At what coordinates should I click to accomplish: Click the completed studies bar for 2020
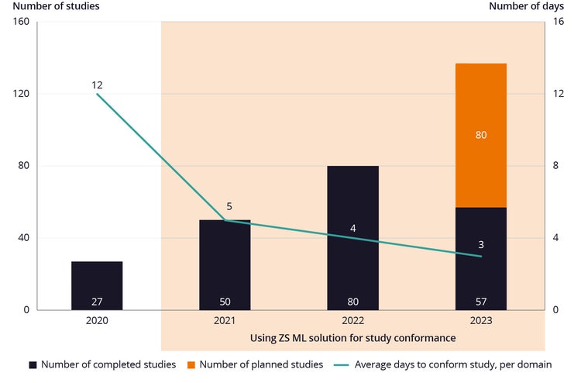[x=97, y=283]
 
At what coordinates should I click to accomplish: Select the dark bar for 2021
[x=225, y=264]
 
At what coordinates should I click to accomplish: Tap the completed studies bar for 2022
[x=352, y=233]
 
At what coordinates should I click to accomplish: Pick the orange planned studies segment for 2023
[x=480, y=109]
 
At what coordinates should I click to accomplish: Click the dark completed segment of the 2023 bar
[x=480, y=271]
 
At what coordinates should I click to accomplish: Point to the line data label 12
[x=97, y=85]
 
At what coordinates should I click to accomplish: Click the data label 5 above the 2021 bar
[x=229, y=207]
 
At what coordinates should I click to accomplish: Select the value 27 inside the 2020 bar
[x=97, y=302]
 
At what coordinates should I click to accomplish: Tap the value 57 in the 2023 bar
[x=480, y=302]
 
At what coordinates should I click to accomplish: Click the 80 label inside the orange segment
[x=480, y=135]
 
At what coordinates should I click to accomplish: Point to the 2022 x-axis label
[x=352, y=320]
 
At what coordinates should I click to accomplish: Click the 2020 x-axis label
[x=97, y=320]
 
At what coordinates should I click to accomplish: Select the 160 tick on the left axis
[x=21, y=22]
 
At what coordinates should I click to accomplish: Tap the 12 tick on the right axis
[x=557, y=94]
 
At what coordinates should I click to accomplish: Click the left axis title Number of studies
[x=50, y=7]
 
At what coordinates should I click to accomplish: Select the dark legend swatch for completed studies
[x=33, y=364]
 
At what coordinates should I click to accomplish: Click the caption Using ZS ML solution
[x=352, y=338]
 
